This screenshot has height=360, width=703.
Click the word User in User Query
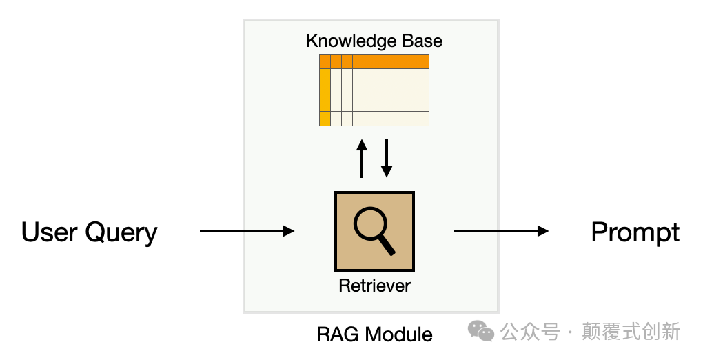tap(49, 232)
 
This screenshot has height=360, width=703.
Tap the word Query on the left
tap(121, 233)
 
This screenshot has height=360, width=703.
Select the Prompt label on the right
tap(635, 233)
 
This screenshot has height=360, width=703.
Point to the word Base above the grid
tap(422, 41)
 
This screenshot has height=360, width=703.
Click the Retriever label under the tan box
tap(374, 286)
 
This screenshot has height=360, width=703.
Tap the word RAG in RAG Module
tap(338, 334)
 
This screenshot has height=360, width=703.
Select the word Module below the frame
tap(398, 334)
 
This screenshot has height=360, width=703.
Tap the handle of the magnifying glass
tap(387, 246)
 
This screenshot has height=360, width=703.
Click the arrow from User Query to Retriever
tap(247, 231)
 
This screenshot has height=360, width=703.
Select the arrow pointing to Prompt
tap(501, 231)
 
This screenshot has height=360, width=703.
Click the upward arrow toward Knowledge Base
tap(362, 159)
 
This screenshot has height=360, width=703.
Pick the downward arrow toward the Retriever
tap(387, 159)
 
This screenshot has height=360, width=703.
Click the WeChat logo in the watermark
tap(481, 331)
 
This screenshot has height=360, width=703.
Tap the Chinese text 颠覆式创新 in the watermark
tap(631, 332)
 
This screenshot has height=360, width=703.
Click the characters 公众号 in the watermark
tap(531, 332)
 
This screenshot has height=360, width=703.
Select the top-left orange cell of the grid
tap(325, 61)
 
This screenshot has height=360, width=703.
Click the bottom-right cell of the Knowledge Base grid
tap(424, 119)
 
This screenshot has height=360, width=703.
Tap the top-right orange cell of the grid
tap(424, 61)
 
